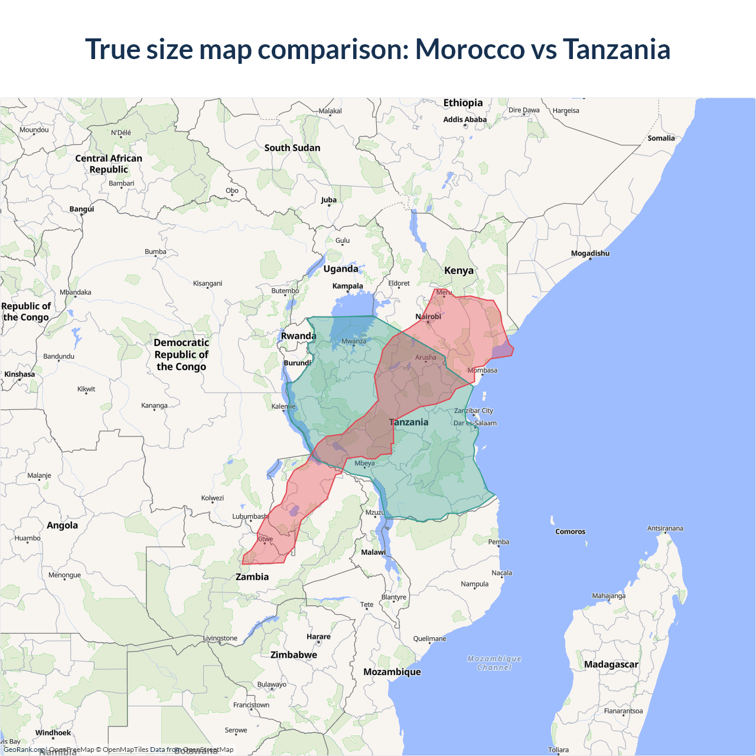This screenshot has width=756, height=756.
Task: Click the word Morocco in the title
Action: point(470,49)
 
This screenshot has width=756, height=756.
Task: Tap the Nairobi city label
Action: point(428,317)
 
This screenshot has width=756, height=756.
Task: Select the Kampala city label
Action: point(347,286)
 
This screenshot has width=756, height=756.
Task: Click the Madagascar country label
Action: point(611,664)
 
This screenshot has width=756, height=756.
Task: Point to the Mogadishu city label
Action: point(590,253)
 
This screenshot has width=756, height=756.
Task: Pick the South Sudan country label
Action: point(292,148)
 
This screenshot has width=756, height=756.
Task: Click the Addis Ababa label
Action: point(465,119)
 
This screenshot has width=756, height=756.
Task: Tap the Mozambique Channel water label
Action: point(494,663)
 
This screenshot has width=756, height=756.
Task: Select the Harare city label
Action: point(318,637)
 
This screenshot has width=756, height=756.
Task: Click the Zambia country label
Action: point(252,576)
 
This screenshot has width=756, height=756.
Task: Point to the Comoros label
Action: point(570,532)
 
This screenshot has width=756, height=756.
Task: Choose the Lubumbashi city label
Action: point(250,516)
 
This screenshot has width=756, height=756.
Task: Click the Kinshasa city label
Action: point(19,374)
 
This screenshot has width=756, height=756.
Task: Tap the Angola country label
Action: point(62,525)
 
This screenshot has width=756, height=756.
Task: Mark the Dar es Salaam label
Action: point(475,423)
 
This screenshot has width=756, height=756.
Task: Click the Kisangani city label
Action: point(207,283)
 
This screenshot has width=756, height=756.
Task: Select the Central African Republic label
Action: point(109,164)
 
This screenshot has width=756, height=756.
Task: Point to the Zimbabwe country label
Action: point(294,654)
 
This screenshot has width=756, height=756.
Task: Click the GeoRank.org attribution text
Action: point(24,750)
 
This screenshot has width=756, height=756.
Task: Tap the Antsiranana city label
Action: point(665,528)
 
